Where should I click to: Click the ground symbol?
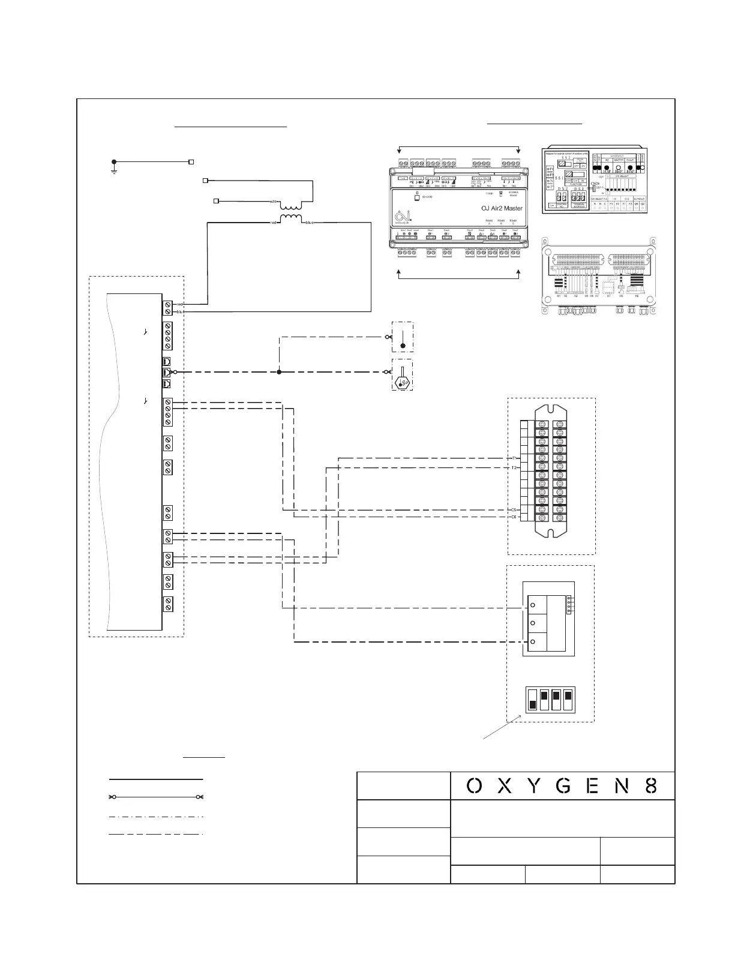(x=113, y=166)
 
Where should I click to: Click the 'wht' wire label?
(x=273, y=202)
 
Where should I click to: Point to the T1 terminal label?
(x=514, y=458)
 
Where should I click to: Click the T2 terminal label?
(x=514, y=467)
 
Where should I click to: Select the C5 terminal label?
(x=514, y=510)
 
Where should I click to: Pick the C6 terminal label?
(x=514, y=517)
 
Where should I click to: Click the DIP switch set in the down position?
(x=532, y=700)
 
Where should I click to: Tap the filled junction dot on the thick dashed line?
(x=279, y=372)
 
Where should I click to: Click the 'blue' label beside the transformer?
(x=310, y=223)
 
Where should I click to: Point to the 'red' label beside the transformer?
(x=274, y=223)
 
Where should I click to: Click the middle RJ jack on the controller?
(x=167, y=373)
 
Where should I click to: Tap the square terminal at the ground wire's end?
(x=191, y=162)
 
